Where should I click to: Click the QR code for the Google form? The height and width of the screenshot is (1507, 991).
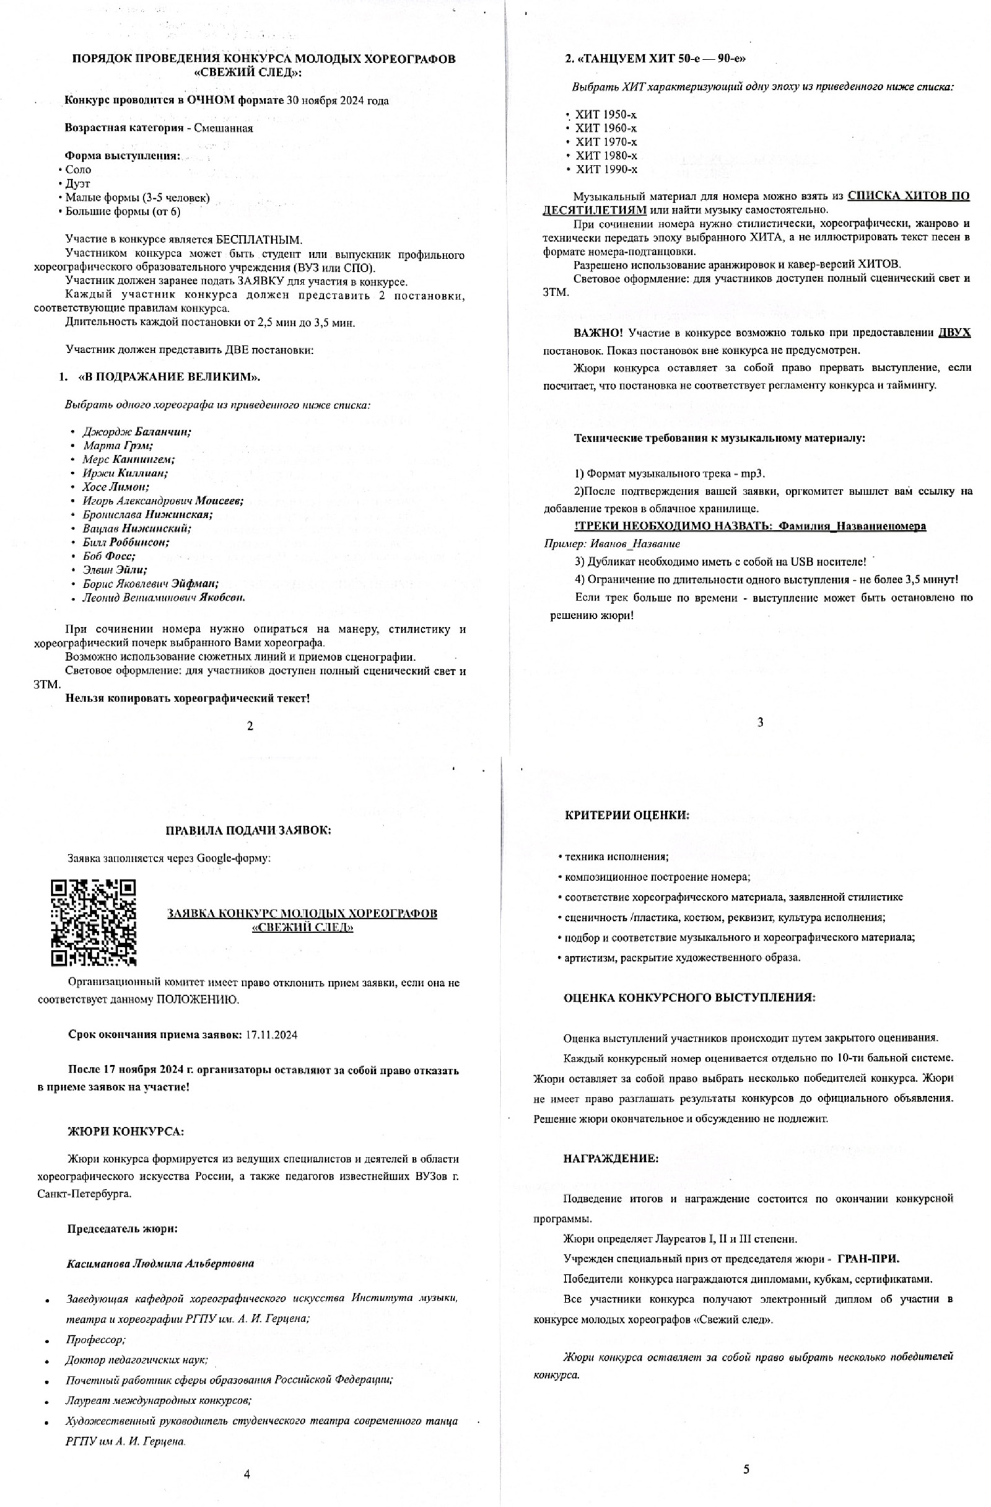point(93,922)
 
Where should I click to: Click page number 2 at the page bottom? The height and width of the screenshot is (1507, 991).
point(250,726)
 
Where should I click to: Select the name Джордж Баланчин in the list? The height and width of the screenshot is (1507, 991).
point(137,431)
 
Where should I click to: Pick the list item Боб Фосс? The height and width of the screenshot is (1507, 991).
point(108,556)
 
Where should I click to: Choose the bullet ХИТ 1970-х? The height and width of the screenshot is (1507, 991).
point(606,142)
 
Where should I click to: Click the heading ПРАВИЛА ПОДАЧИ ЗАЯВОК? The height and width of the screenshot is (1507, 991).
point(248,830)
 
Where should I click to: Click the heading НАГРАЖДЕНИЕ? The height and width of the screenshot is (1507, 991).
point(611,1159)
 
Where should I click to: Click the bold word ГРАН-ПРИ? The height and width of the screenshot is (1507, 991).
point(868,1258)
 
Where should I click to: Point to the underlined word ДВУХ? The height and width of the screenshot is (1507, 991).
point(954,332)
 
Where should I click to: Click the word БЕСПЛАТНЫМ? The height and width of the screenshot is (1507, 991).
point(259,239)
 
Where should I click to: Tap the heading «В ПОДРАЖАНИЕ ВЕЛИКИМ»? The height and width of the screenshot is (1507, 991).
point(169,377)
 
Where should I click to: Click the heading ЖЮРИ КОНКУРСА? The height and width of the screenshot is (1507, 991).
point(126,1131)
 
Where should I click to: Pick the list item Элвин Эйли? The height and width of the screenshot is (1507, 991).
point(115,570)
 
